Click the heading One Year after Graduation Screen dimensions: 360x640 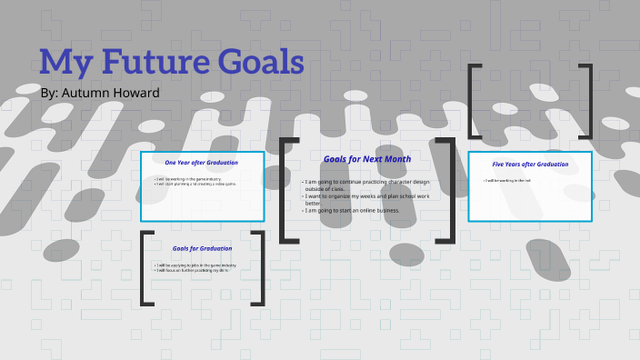point(201,163)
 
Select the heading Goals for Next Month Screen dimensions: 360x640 point(366,158)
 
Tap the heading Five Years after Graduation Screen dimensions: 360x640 point(530,165)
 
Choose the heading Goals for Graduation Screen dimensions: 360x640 point(202,248)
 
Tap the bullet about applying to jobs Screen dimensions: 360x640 point(196,265)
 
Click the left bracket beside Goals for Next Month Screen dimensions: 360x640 point(288,190)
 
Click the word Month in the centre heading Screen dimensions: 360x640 point(393,158)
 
